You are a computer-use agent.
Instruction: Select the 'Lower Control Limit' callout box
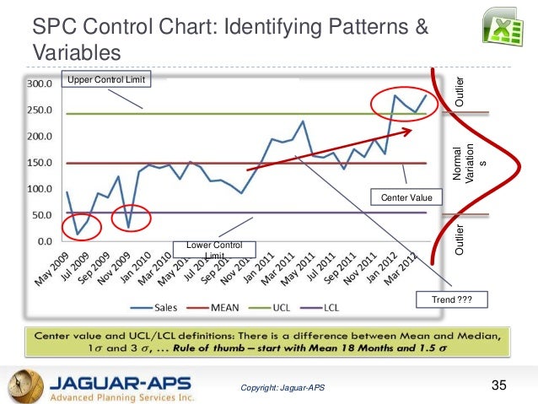point(214,250)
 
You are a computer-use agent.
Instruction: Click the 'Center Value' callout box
point(406,197)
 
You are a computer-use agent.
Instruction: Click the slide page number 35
point(498,385)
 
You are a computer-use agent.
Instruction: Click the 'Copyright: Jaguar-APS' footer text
point(282,388)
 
